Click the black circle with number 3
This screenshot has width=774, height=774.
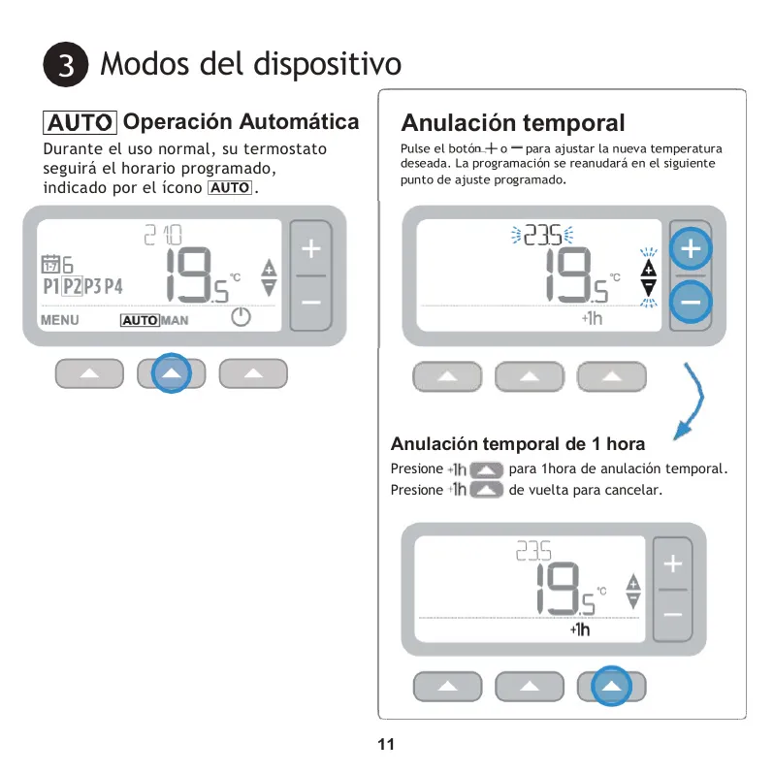tap(66, 65)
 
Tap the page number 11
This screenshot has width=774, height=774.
tap(386, 744)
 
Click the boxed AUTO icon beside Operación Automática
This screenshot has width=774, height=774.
tap(80, 122)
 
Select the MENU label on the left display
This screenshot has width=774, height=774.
tap(60, 320)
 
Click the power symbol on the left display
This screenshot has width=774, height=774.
tap(241, 317)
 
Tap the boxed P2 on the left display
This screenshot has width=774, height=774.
tap(73, 286)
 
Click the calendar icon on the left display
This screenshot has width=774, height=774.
tap(50, 265)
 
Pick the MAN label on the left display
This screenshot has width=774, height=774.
tap(175, 321)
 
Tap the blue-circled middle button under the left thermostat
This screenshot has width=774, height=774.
tap(172, 373)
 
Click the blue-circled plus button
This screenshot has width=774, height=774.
tap(691, 248)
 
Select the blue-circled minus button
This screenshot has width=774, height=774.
tap(691, 302)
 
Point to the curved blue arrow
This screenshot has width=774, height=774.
tap(697, 400)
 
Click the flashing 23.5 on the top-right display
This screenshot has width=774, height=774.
tap(542, 235)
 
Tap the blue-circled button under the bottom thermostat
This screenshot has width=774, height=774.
tap(612, 686)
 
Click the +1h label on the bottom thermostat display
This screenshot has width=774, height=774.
tap(580, 629)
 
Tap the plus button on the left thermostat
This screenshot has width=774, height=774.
tap(311, 248)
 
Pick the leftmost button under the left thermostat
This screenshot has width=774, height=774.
tap(89, 373)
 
